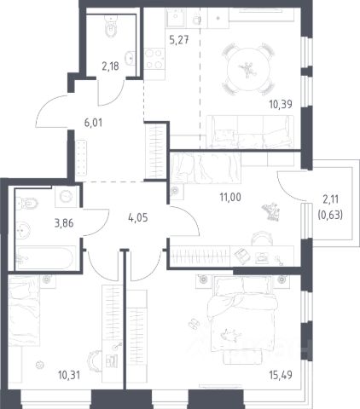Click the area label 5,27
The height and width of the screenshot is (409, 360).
click(179, 40)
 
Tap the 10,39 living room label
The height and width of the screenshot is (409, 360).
click(281, 104)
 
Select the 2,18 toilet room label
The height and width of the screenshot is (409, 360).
click(110, 66)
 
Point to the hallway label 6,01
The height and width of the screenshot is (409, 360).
click(93, 123)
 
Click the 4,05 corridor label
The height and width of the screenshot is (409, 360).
click(138, 218)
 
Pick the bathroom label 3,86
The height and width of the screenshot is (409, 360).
click(64, 223)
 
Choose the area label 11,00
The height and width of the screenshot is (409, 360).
click(230, 197)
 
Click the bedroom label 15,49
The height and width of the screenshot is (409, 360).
click(281, 375)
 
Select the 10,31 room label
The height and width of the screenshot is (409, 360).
click(69, 375)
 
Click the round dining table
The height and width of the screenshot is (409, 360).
click(248, 69)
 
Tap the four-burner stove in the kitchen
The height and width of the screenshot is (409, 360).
click(154, 59)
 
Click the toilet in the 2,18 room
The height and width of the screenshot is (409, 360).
click(111, 27)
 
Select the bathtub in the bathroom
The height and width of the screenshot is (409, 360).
click(45, 258)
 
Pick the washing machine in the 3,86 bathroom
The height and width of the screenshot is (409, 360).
click(67, 197)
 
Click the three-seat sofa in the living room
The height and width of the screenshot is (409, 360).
click(250, 132)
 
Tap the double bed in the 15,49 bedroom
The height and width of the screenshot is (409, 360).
click(242, 314)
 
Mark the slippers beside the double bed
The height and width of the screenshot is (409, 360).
click(194, 324)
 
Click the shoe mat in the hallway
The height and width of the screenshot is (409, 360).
click(81, 158)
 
